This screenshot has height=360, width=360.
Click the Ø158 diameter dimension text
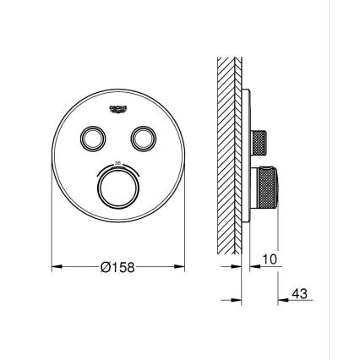118,268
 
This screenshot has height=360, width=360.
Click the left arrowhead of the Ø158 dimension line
56,268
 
